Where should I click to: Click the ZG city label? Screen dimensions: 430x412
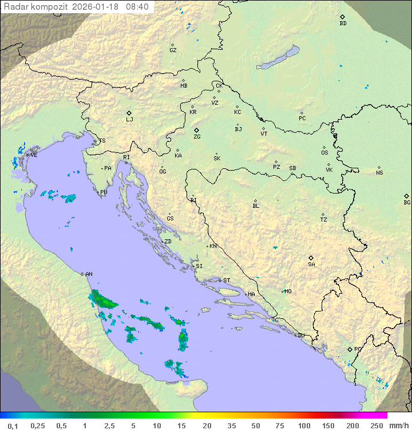197,137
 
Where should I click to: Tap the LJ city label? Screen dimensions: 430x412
129,120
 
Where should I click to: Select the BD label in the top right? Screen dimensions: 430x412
343,23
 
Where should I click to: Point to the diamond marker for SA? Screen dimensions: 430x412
311,258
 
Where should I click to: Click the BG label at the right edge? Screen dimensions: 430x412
407,203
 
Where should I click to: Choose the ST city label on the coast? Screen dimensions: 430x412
227,281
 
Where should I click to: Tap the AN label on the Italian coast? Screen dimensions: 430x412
89,274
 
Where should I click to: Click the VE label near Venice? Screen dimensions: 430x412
34,155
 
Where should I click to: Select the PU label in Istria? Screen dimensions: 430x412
104,192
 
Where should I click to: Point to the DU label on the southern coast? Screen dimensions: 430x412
300,336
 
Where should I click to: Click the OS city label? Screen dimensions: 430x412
324,153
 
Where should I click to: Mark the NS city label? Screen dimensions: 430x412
379,173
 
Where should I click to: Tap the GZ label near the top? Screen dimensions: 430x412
173,50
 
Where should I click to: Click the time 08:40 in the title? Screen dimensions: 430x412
137,7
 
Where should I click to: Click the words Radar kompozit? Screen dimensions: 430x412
36,7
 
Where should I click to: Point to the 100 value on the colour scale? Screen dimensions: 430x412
304,425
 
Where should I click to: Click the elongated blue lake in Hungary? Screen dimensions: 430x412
278,58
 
